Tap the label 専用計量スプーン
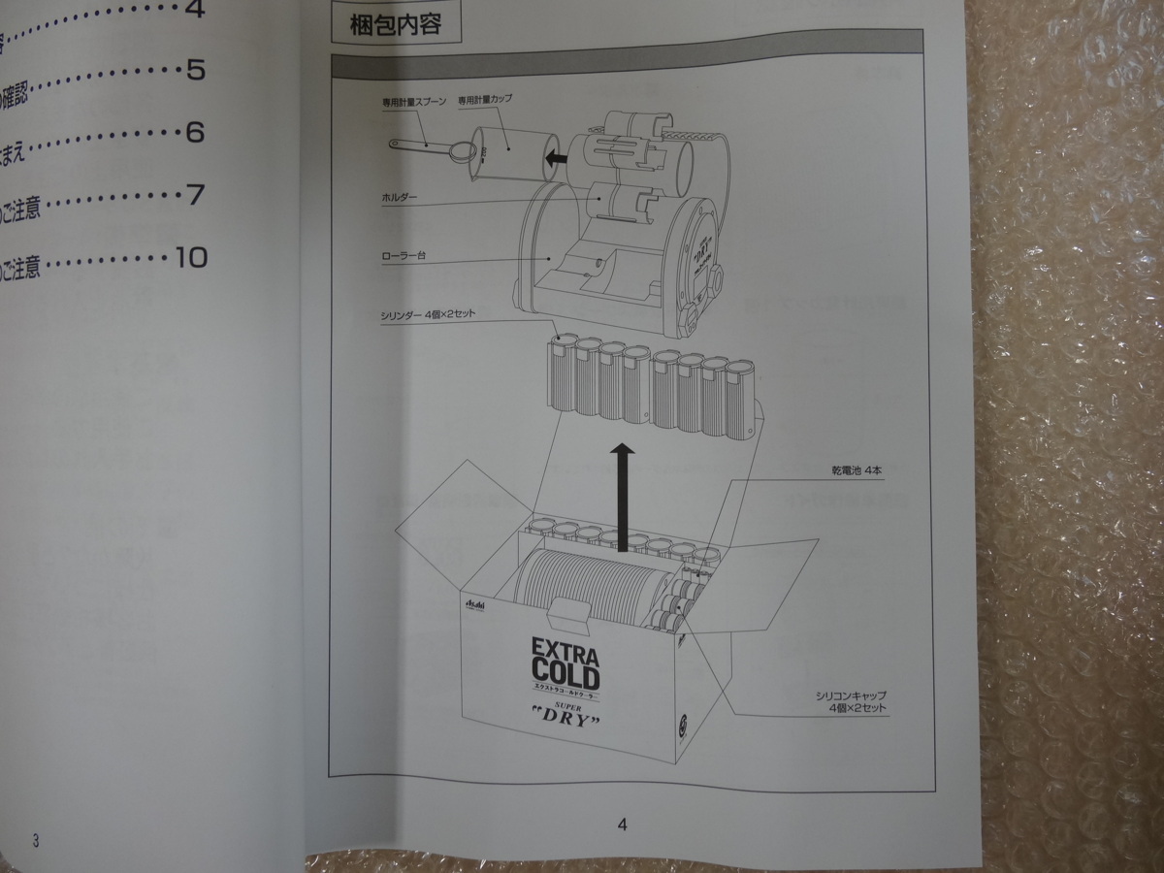[x=411, y=100]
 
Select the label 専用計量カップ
[x=485, y=100]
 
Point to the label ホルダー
[x=399, y=197]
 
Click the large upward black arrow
[x=626, y=495]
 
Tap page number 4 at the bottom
[x=622, y=825]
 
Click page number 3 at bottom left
[x=36, y=840]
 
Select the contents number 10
[x=191, y=257]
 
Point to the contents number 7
[x=195, y=195]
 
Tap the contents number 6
[x=195, y=133]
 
